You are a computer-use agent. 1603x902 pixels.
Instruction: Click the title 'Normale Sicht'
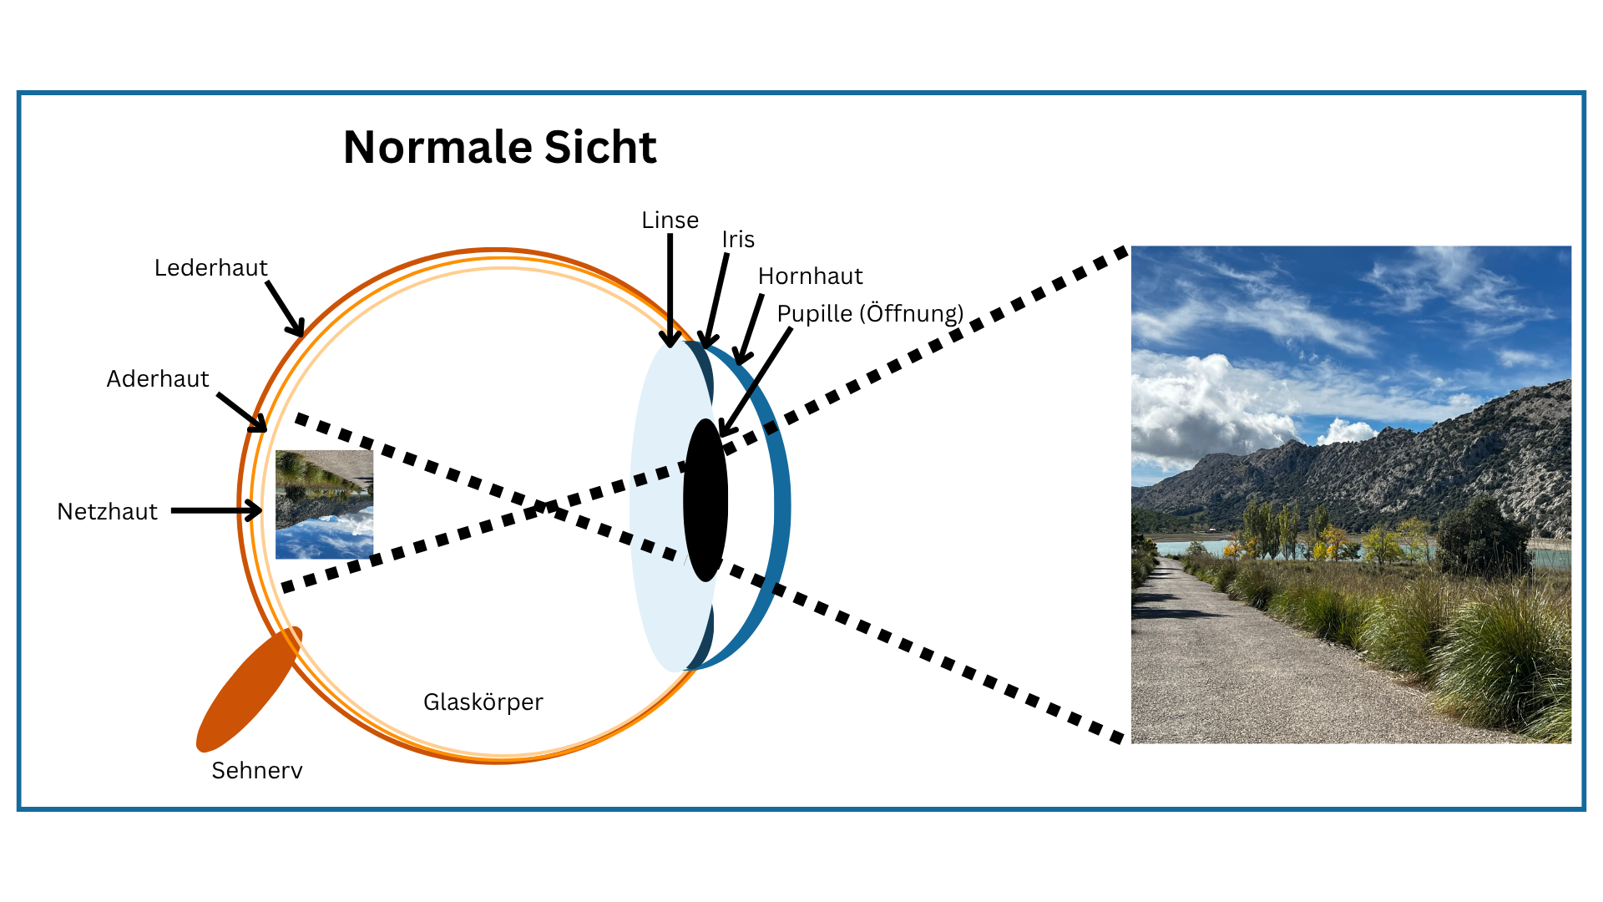click(499, 148)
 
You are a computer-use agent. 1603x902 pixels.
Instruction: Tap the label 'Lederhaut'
click(210, 268)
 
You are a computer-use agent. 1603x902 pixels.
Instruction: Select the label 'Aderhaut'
click(157, 379)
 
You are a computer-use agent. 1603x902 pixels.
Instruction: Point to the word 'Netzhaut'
click(107, 512)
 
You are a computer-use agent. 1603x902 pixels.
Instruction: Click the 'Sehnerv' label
click(256, 770)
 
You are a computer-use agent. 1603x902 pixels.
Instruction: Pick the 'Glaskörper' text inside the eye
click(483, 702)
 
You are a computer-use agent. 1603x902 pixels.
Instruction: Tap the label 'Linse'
click(670, 220)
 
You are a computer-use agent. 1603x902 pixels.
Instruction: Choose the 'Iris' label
click(738, 240)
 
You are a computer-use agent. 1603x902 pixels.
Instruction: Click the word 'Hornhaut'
click(810, 276)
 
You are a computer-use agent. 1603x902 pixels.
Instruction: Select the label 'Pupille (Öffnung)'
click(870, 314)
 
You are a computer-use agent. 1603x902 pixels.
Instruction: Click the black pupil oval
click(705, 500)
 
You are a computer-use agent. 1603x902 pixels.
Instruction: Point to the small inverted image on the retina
click(324, 504)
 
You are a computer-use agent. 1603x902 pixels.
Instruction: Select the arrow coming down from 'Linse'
click(670, 288)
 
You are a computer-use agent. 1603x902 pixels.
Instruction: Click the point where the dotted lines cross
click(544, 506)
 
